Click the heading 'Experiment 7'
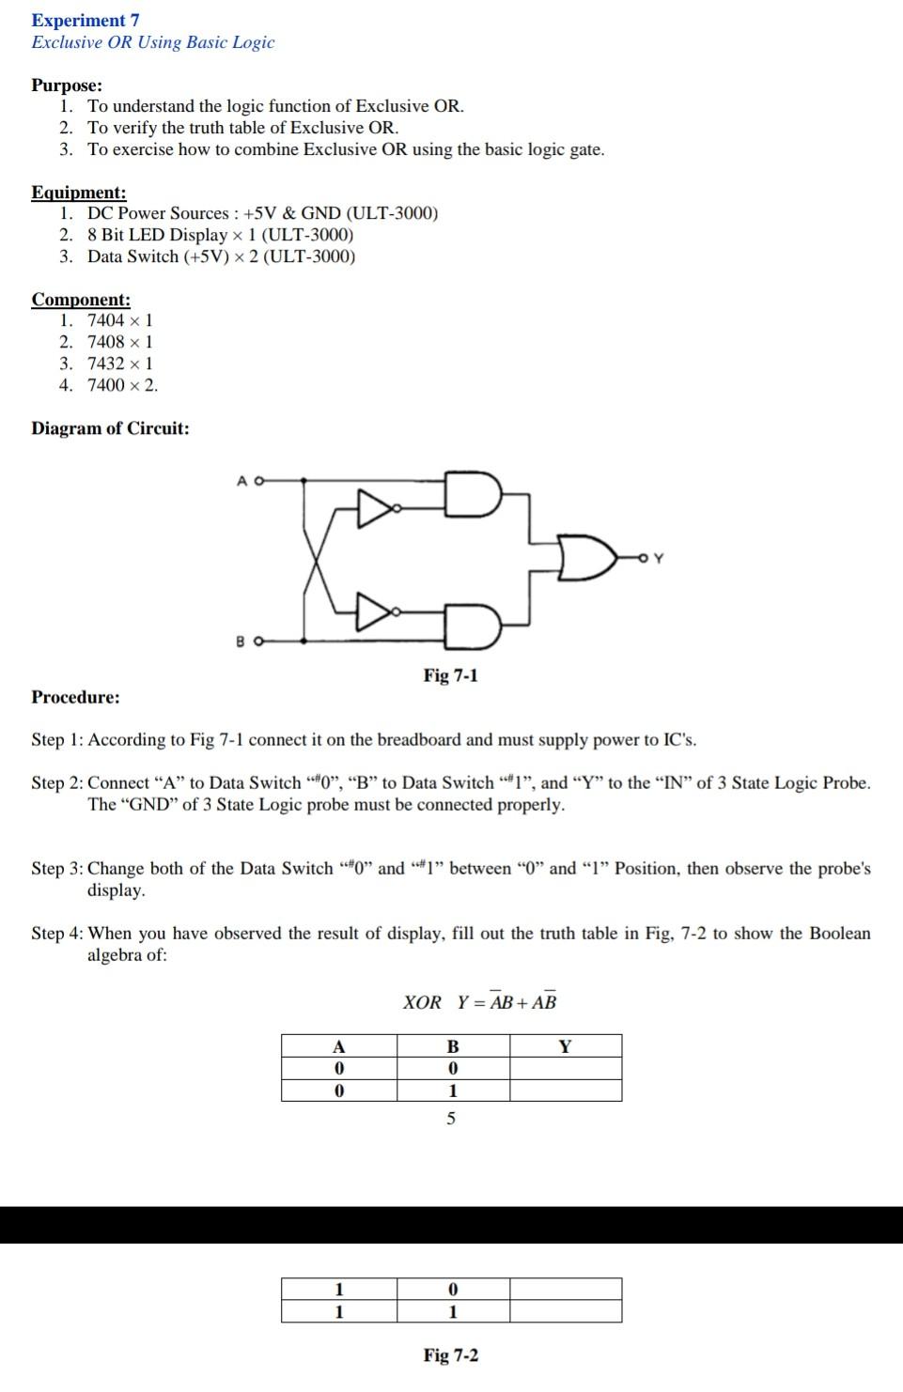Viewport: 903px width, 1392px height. [x=86, y=20]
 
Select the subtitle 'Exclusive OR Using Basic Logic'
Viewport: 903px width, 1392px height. [x=153, y=42]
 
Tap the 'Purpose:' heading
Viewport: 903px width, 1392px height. [x=67, y=85]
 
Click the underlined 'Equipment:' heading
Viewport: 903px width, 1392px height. [x=79, y=193]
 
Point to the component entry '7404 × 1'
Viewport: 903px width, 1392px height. [x=120, y=320]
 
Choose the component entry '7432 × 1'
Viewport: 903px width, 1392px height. [x=120, y=363]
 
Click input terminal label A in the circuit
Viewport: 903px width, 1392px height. [x=242, y=480]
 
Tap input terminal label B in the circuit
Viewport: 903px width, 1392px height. [x=241, y=642]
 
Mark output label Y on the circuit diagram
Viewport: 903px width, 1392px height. [x=658, y=559]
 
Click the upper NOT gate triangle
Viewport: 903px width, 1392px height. [x=375, y=508]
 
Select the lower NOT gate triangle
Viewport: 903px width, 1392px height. [x=375, y=611]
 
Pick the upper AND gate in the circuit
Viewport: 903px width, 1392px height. [x=473, y=494]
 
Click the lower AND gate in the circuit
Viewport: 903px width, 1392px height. [x=473, y=626]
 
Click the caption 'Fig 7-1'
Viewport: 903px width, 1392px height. [x=450, y=675]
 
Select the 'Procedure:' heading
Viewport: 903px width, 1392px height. [x=75, y=697]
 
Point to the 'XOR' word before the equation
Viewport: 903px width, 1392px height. [x=422, y=1002]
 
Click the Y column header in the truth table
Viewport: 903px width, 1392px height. [x=565, y=1045]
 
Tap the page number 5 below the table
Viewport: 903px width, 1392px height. [x=451, y=1119]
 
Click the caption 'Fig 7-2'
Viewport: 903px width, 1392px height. [x=450, y=1355]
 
